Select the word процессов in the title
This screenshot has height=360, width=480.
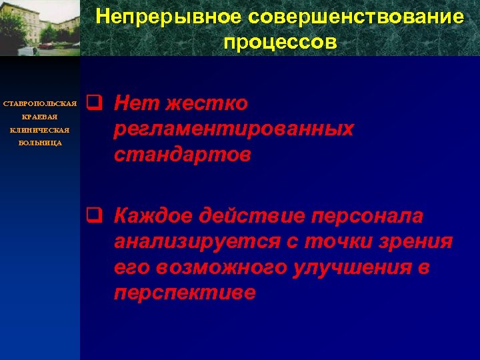(281, 42)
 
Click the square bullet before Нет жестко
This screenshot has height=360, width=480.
(93, 103)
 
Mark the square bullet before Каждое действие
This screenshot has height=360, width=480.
(93, 215)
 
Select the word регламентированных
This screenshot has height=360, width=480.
(233, 129)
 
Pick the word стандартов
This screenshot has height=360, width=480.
(183, 155)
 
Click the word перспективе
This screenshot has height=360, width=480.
(185, 293)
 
